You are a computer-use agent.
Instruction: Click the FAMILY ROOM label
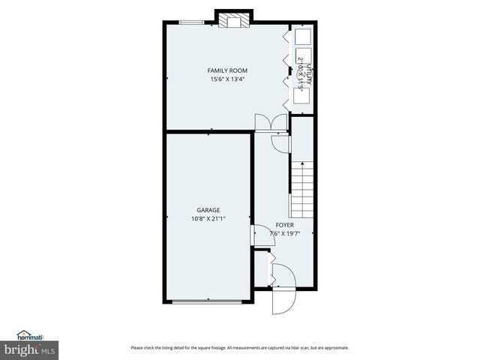[227, 70]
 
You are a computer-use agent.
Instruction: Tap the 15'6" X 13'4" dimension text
[227, 79]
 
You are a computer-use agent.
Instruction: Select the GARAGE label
[208, 210]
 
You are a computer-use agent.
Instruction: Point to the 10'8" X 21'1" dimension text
[208, 218]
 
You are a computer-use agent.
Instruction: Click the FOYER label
[284, 224]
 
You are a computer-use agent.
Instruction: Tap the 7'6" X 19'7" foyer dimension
[284, 232]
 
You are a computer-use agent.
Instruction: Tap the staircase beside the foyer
[301, 190]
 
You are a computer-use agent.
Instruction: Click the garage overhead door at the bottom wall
[207, 301]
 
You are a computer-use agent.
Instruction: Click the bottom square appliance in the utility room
[304, 94]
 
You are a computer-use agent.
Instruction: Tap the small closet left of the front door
[261, 269]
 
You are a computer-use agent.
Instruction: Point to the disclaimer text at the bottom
[240, 347]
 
